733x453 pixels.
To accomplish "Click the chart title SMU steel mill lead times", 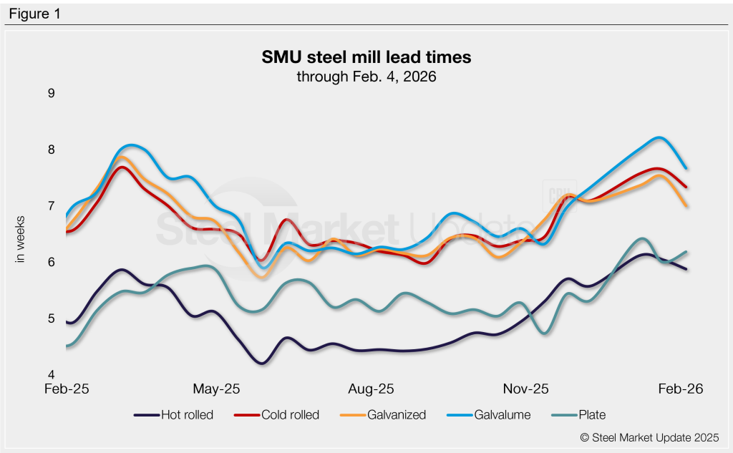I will [x=366, y=57].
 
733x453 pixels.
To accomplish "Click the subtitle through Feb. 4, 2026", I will [x=366, y=76].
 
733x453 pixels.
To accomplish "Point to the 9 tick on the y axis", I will [x=51, y=93].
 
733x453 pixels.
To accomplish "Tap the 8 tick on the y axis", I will [x=51, y=150].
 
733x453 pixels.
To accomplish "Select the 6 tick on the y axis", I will [x=51, y=263].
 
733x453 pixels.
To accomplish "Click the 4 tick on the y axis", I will [x=51, y=375].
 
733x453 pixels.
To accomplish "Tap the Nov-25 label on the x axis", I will [x=526, y=389].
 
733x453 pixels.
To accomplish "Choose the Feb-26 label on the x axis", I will [x=681, y=389].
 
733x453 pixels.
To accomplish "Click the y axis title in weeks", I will [x=21, y=239].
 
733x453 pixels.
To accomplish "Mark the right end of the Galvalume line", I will [x=686, y=168].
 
